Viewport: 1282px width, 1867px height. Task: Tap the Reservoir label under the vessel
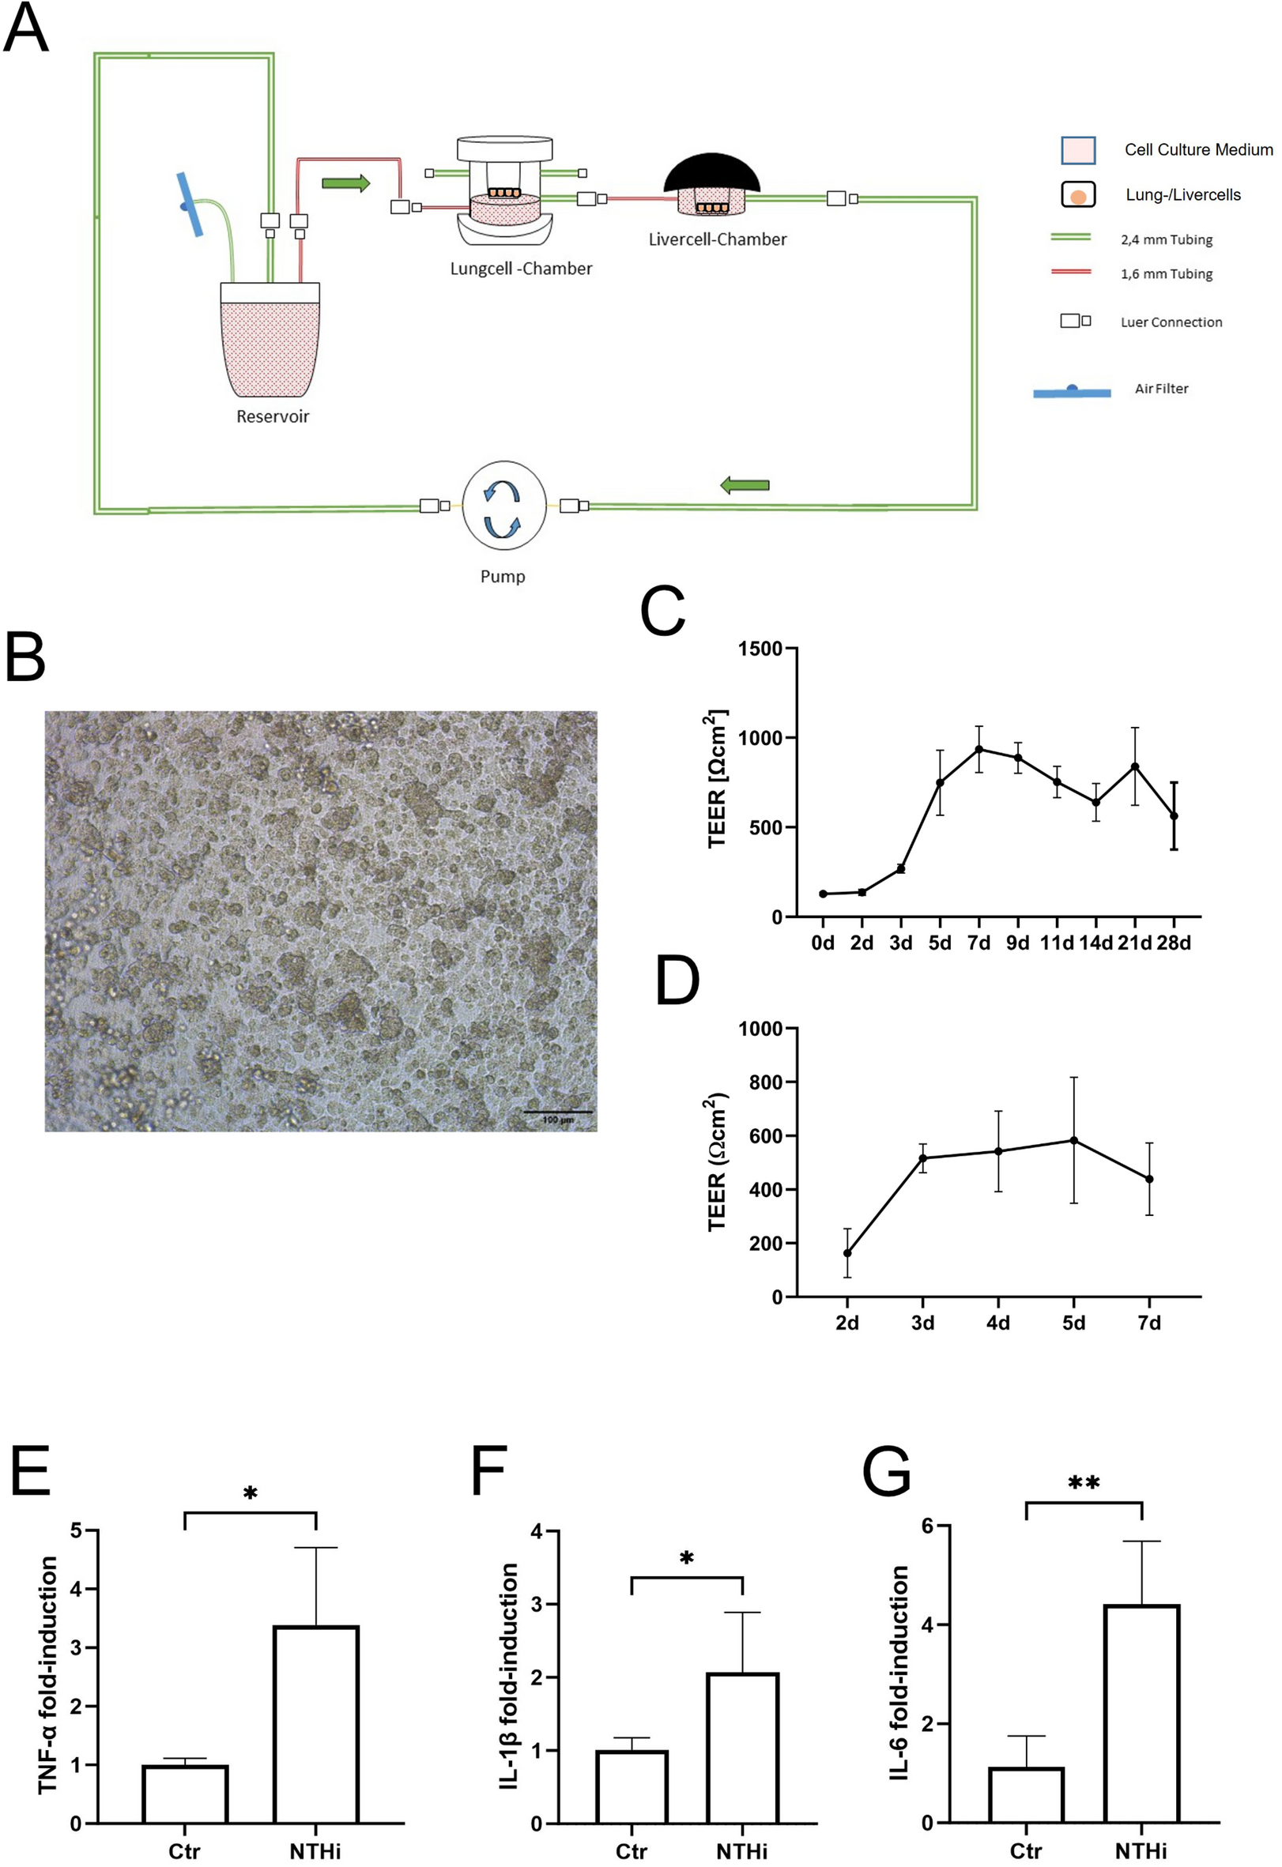(273, 416)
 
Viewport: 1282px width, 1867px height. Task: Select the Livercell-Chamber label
(717, 239)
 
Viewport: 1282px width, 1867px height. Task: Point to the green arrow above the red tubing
(345, 183)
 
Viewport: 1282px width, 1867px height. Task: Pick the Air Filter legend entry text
(1160, 389)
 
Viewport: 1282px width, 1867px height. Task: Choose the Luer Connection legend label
(1171, 322)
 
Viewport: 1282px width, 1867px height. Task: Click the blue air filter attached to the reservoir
(190, 205)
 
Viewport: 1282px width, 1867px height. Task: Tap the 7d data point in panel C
(979, 749)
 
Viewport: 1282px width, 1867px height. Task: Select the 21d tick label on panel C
(1134, 943)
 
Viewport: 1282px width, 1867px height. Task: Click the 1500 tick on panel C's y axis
(761, 649)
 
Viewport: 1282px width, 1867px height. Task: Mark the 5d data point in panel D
(1074, 1141)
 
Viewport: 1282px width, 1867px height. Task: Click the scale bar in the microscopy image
(558, 1112)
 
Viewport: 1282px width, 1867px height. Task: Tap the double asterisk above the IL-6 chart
(1084, 1482)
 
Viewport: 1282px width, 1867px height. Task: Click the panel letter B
(25, 657)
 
